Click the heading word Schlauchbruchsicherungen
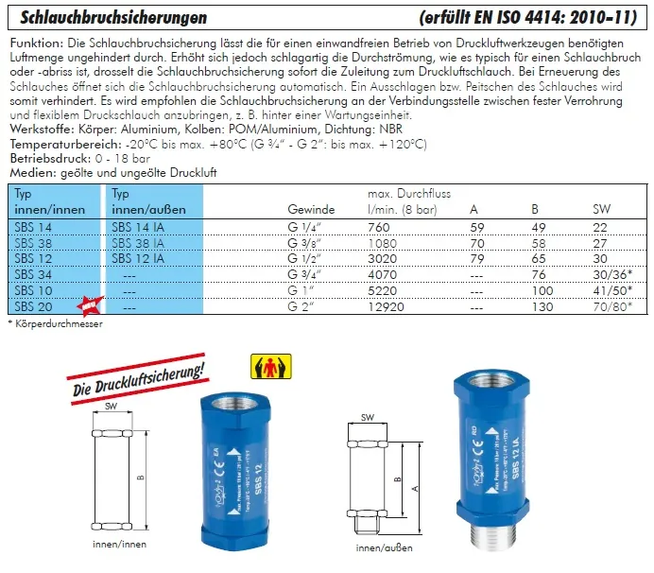[108, 18]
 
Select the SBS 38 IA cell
[138, 241]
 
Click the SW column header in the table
[601, 208]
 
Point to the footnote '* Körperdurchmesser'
[54, 323]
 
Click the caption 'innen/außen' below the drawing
[384, 547]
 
